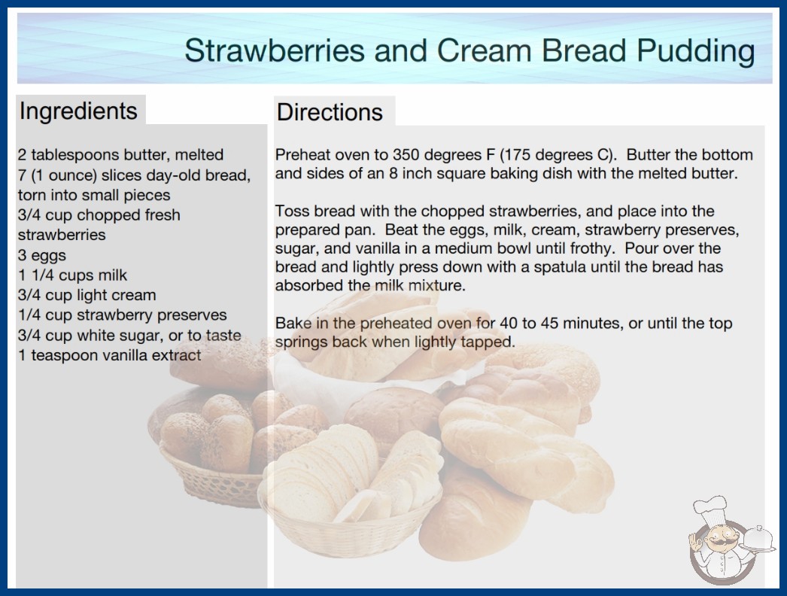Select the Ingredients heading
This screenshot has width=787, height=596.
pyautogui.click(x=78, y=111)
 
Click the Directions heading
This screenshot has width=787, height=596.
pyautogui.click(x=330, y=112)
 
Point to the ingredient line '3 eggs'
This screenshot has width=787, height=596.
pyautogui.click(x=41, y=255)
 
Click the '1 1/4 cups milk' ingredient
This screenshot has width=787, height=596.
pyautogui.click(x=72, y=275)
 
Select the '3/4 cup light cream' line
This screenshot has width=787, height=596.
pyautogui.click(x=87, y=295)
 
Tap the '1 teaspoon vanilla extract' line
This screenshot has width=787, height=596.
pyautogui.click(x=109, y=355)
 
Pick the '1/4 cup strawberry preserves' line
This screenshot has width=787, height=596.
pyautogui.click(x=122, y=315)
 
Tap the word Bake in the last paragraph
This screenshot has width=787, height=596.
pyautogui.click(x=292, y=323)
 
